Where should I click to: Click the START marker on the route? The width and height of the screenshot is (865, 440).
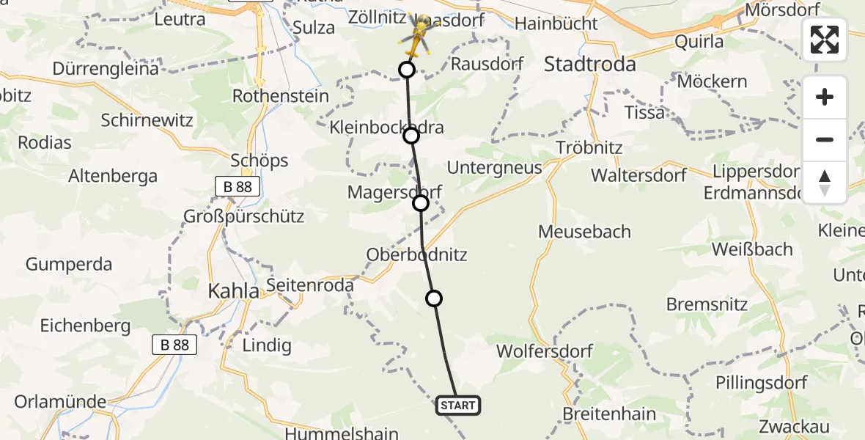point(458,405)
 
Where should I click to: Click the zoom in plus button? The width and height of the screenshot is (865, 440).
point(825,98)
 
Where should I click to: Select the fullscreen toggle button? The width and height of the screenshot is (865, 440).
point(825,40)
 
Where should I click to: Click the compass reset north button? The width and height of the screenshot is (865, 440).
point(825,183)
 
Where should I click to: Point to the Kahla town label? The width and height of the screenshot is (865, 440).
point(233,291)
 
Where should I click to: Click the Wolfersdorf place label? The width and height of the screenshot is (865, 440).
point(545,351)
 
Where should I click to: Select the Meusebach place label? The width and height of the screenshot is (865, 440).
point(584,232)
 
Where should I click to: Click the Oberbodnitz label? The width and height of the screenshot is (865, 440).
point(417,255)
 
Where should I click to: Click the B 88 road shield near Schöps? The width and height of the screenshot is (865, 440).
point(238,187)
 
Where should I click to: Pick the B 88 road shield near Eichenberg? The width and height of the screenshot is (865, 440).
point(174,345)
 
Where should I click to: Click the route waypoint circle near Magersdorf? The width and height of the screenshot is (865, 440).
point(421,203)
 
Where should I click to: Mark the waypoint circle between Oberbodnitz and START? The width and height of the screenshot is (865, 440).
point(434,298)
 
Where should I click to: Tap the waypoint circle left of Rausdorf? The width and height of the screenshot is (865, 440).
point(406,70)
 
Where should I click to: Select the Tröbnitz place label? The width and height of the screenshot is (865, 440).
point(589,147)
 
